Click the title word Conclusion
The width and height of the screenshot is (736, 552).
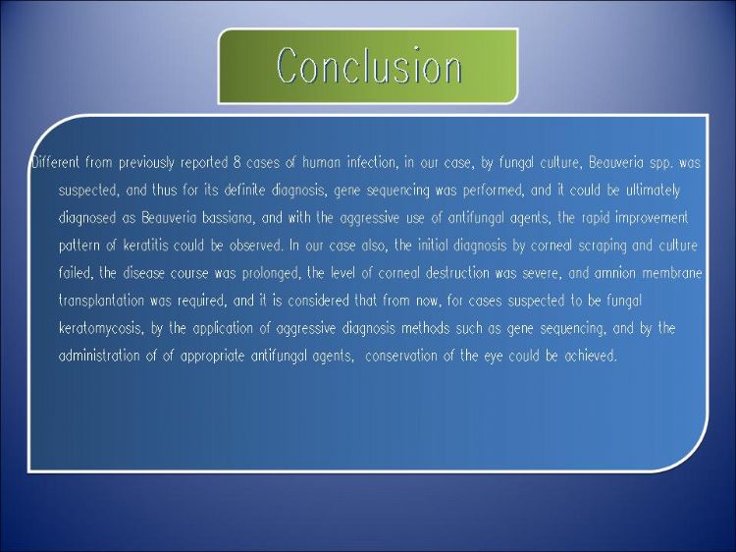coord(369,66)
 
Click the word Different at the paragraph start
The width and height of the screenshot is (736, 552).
coord(56,162)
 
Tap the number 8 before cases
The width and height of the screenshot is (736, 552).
coord(237,162)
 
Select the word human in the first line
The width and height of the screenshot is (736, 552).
coord(322,162)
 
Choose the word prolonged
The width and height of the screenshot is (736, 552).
coord(271,274)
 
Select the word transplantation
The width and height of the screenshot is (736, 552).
coord(101,302)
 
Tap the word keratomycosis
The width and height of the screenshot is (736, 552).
coord(100,329)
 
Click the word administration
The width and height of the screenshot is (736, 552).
coord(99,357)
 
